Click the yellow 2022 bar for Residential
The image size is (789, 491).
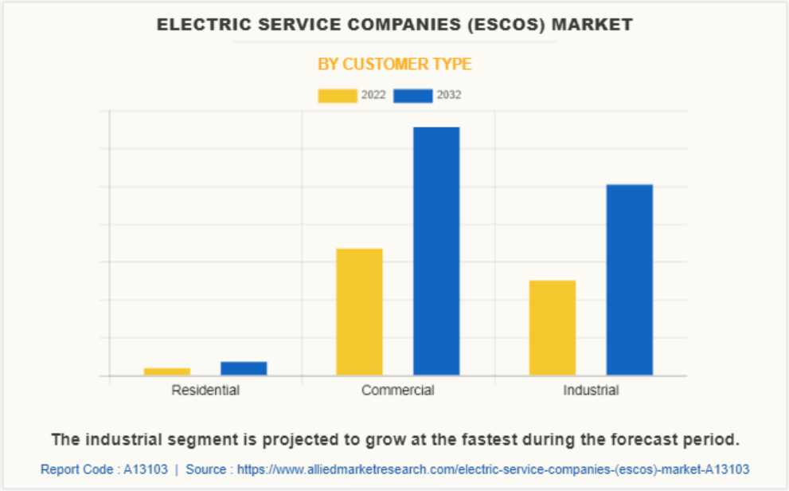(x=167, y=371)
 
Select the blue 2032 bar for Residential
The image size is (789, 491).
(x=244, y=368)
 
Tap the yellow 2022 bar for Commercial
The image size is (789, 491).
(x=359, y=312)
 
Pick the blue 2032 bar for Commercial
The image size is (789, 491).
(x=436, y=251)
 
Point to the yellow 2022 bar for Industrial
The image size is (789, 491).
(x=553, y=328)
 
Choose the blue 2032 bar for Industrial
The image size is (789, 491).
(x=629, y=280)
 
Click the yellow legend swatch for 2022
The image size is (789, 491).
(x=338, y=96)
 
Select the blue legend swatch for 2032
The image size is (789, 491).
(x=413, y=96)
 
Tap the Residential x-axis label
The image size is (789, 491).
(x=205, y=391)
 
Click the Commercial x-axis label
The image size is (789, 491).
(x=398, y=391)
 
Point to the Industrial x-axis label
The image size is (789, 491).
(x=591, y=391)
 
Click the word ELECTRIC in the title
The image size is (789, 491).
(x=195, y=25)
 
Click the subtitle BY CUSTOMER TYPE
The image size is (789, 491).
(x=395, y=64)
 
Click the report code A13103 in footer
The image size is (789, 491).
(x=146, y=469)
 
